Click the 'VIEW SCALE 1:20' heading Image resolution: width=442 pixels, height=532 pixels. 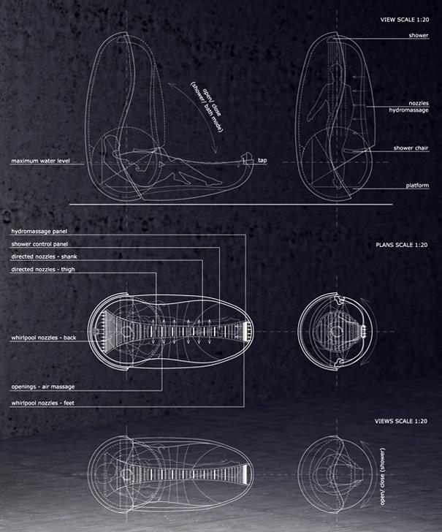tap(404, 20)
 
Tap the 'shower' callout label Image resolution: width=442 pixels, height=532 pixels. tap(418, 35)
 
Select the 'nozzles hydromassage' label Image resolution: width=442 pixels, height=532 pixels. tap(408, 107)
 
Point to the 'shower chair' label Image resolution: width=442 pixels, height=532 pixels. tap(411, 148)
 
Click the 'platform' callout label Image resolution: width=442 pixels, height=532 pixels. tap(417, 186)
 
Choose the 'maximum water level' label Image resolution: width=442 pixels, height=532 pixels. tap(40, 161)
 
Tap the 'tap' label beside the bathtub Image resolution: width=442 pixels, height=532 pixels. tap(262, 160)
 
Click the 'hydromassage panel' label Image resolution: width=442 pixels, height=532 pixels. tap(39, 232)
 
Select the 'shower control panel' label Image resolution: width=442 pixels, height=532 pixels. tap(39, 244)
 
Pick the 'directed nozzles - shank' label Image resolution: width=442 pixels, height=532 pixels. tap(44, 256)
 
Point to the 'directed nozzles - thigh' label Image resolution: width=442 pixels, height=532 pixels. tap(43, 270)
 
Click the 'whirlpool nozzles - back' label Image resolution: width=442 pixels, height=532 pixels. tap(43, 338)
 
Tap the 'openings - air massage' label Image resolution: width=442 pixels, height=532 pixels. tap(43, 387)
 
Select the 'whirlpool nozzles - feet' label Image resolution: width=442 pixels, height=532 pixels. tap(43, 403)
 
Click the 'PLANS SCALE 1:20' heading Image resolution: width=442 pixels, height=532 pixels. tap(401, 245)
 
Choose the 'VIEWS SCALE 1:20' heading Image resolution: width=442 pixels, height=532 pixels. tap(400, 421)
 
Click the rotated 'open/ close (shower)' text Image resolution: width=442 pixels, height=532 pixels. tap(382, 476)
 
